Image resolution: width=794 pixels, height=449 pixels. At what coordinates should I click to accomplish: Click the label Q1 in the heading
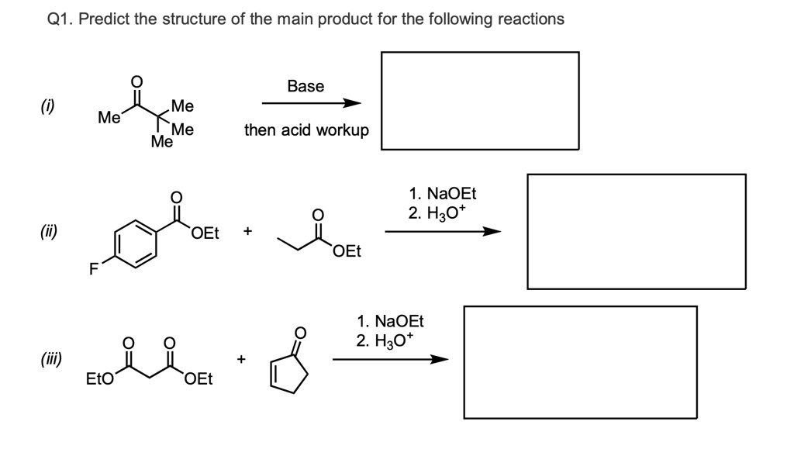(x=58, y=19)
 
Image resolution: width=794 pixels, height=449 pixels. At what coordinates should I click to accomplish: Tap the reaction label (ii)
(x=56, y=231)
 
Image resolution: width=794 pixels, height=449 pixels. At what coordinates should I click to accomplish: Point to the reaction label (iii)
(x=54, y=359)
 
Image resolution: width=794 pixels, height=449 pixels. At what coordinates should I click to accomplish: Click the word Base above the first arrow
(x=306, y=86)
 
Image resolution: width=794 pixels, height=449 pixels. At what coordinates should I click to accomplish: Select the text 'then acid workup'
(x=306, y=130)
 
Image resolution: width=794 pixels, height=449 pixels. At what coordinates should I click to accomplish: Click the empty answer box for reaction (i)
(x=479, y=100)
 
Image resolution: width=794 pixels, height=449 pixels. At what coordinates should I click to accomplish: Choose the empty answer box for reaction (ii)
(x=636, y=231)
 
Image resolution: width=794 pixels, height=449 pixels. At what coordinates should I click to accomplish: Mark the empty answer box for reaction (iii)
(x=580, y=361)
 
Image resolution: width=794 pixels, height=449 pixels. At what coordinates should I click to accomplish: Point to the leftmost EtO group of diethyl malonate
(x=99, y=379)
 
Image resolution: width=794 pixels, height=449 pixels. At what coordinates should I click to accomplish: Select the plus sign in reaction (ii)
(x=247, y=231)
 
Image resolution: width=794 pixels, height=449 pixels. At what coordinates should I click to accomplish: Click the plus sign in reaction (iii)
(x=241, y=359)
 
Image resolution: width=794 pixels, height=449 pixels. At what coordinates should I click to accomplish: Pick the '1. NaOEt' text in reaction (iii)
(x=390, y=321)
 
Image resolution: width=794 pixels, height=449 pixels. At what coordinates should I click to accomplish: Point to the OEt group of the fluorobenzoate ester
(x=205, y=232)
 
